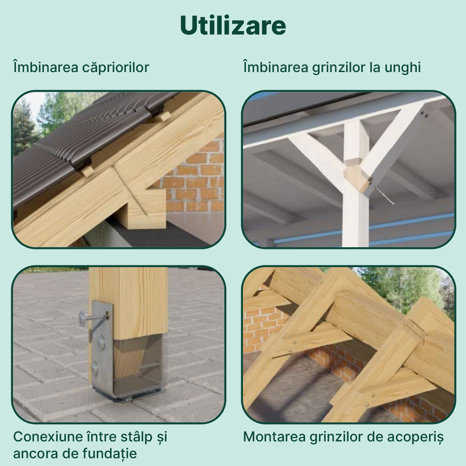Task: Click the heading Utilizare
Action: pos(233,25)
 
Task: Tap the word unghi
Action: pos(403,67)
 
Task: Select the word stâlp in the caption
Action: pos(137,437)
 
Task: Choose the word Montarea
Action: pos(274,437)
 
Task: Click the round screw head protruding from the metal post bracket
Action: pos(83,318)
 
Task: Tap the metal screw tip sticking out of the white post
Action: pos(385,195)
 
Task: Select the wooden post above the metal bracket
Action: pos(128,303)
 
